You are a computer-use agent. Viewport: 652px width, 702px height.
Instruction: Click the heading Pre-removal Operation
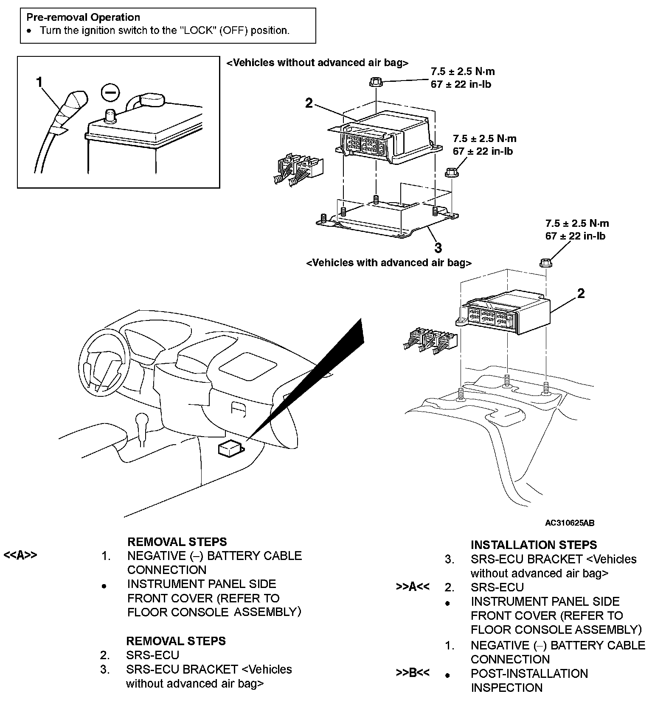[x=83, y=17]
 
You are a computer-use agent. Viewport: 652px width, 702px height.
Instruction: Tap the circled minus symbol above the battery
[x=110, y=93]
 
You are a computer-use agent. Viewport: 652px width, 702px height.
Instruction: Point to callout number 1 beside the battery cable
[x=39, y=82]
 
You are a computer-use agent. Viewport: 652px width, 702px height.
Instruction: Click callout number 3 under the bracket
[x=438, y=247]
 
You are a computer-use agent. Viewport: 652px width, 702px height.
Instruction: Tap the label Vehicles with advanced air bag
[x=388, y=263]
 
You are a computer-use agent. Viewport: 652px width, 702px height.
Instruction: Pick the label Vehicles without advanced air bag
[x=317, y=63]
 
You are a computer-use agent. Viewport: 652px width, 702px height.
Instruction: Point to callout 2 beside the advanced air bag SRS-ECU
[x=581, y=293]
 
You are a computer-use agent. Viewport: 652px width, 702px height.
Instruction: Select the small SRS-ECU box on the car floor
[x=230, y=448]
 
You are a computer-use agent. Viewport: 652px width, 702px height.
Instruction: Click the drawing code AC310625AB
[x=570, y=523]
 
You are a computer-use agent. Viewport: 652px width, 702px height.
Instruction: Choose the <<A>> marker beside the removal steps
[x=20, y=555]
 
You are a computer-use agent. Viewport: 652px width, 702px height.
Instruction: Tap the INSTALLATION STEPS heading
[x=534, y=545]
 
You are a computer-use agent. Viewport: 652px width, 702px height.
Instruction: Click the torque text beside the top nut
[x=462, y=78]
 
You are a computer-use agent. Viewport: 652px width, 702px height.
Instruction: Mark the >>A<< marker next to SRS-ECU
[x=413, y=587]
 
